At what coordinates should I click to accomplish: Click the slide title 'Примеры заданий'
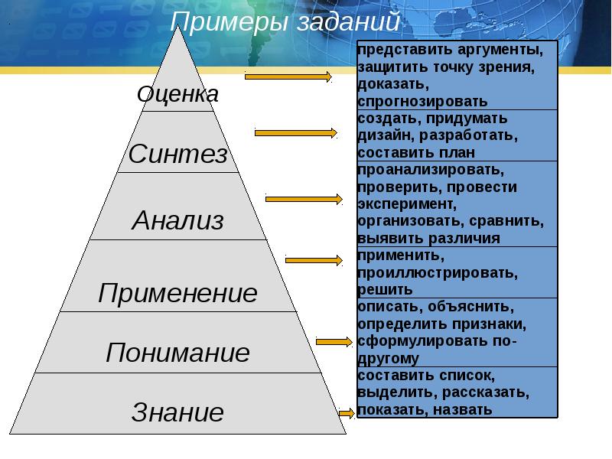tap(285, 21)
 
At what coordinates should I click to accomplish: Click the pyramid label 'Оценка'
tap(177, 94)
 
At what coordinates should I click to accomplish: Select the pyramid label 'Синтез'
tap(178, 155)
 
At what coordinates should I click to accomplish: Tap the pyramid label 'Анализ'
tap(178, 221)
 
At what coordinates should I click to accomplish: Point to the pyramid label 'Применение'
tap(178, 293)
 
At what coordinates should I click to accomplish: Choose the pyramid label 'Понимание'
tap(178, 353)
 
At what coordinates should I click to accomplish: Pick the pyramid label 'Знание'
tap(178, 413)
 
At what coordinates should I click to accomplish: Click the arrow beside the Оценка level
tap(288, 76)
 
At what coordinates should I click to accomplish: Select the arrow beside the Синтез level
tap(295, 133)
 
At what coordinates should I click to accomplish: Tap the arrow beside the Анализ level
tap(304, 199)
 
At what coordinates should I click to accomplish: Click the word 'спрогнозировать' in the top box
tap(422, 101)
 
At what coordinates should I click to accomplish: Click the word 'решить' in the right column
tap(385, 290)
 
